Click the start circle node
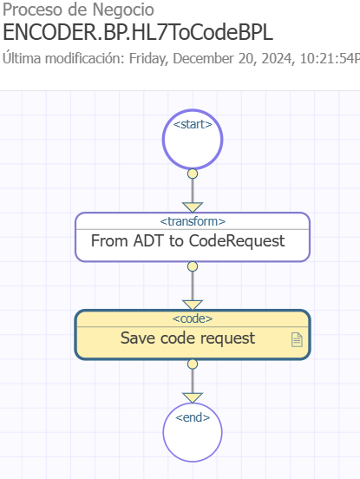coord(193,140)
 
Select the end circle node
coord(193,432)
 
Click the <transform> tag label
coord(193,221)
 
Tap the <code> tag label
coord(193,318)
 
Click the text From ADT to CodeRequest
coord(187,240)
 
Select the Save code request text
coord(187,338)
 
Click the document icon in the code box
coord(297,339)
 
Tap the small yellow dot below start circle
coord(193,174)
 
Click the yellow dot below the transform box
coord(193,266)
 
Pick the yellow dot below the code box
coord(193,364)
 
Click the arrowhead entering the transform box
coord(193,207)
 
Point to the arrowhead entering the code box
coord(193,305)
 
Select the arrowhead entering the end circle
coord(193,397)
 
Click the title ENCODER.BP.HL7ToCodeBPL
coord(138,32)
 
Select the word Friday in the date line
coord(148,59)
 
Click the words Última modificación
coord(63,58)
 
